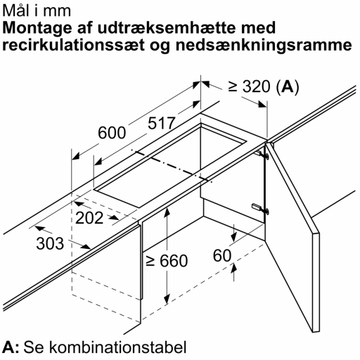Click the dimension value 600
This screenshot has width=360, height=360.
click(112, 133)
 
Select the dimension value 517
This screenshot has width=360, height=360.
click(162, 123)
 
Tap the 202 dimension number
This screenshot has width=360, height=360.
click(89, 218)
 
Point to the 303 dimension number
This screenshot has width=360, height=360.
click(50, 243)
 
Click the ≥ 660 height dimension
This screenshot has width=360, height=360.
click(167, 260)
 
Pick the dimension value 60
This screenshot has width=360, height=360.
click(222, 255)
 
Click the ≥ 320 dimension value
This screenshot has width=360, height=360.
click(249, 86)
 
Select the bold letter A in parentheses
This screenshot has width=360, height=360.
click(288, 86)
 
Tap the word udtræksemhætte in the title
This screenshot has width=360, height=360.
click(166, 27)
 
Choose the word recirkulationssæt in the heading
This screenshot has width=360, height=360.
click(73, 45)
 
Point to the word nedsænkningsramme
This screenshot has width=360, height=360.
click(264, 46)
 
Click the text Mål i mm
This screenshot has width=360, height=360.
click(37, 11)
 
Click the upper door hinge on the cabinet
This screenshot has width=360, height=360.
click(262, 155)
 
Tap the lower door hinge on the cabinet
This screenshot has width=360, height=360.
click(260, 209)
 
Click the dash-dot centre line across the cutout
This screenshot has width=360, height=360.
click(172, 165)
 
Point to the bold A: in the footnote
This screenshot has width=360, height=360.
click(11, 347)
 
